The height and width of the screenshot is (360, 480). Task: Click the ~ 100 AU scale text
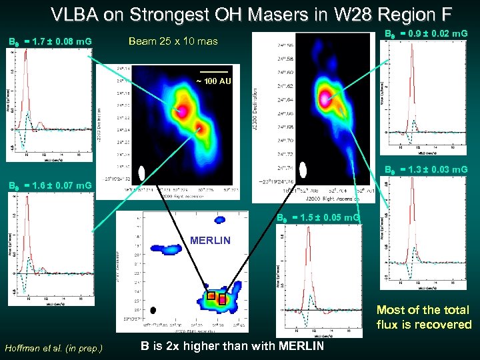213,81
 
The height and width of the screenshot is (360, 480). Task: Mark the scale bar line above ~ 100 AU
213,71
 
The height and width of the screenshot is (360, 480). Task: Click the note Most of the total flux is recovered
423,317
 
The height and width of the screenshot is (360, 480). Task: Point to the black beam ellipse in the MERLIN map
153,310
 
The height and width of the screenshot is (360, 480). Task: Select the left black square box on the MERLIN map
210,295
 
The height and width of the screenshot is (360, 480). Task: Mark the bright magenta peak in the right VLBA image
326,99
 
